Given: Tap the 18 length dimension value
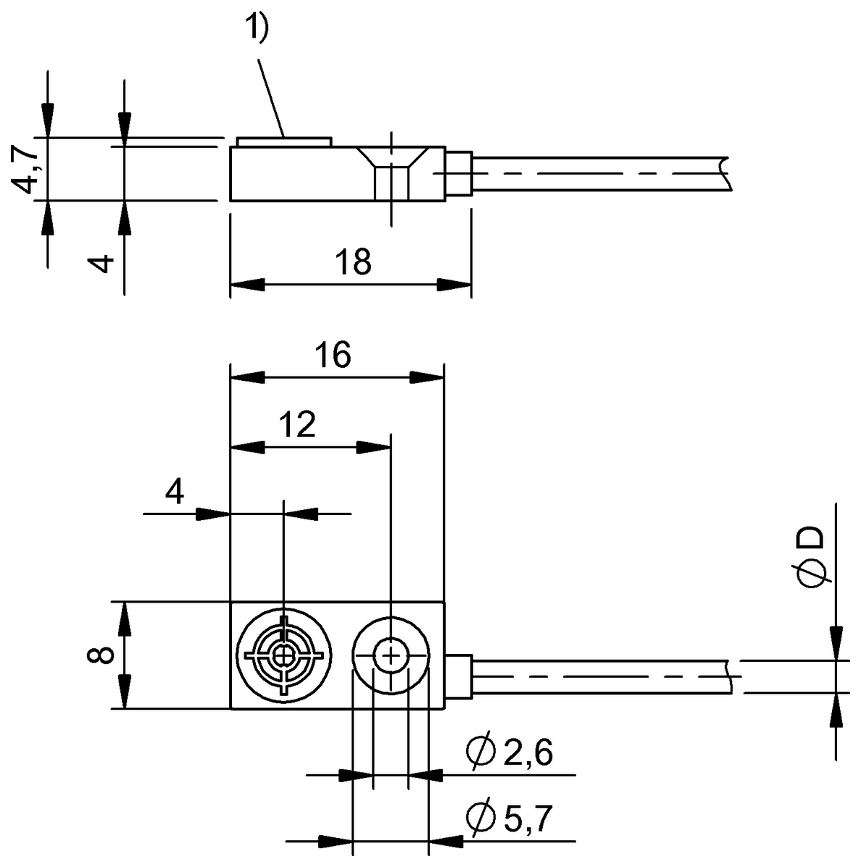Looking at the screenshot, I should (x=354, y=262).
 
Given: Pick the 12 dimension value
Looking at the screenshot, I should (x=297, y=426).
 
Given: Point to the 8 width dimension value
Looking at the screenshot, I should (x=102, y=655).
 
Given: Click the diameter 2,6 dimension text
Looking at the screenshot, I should (x=510, y=753).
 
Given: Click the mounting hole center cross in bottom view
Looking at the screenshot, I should (x=390, y=656).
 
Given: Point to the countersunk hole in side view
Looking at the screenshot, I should (x=391, y=167).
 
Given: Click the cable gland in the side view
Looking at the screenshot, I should (x=458, y=173).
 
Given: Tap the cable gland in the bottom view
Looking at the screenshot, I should (x=458, y=677).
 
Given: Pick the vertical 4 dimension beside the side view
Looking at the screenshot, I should (x=105, y=262).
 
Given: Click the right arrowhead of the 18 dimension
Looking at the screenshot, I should (x=455, y=284).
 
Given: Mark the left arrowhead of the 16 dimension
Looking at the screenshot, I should (x=246, y=377).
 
